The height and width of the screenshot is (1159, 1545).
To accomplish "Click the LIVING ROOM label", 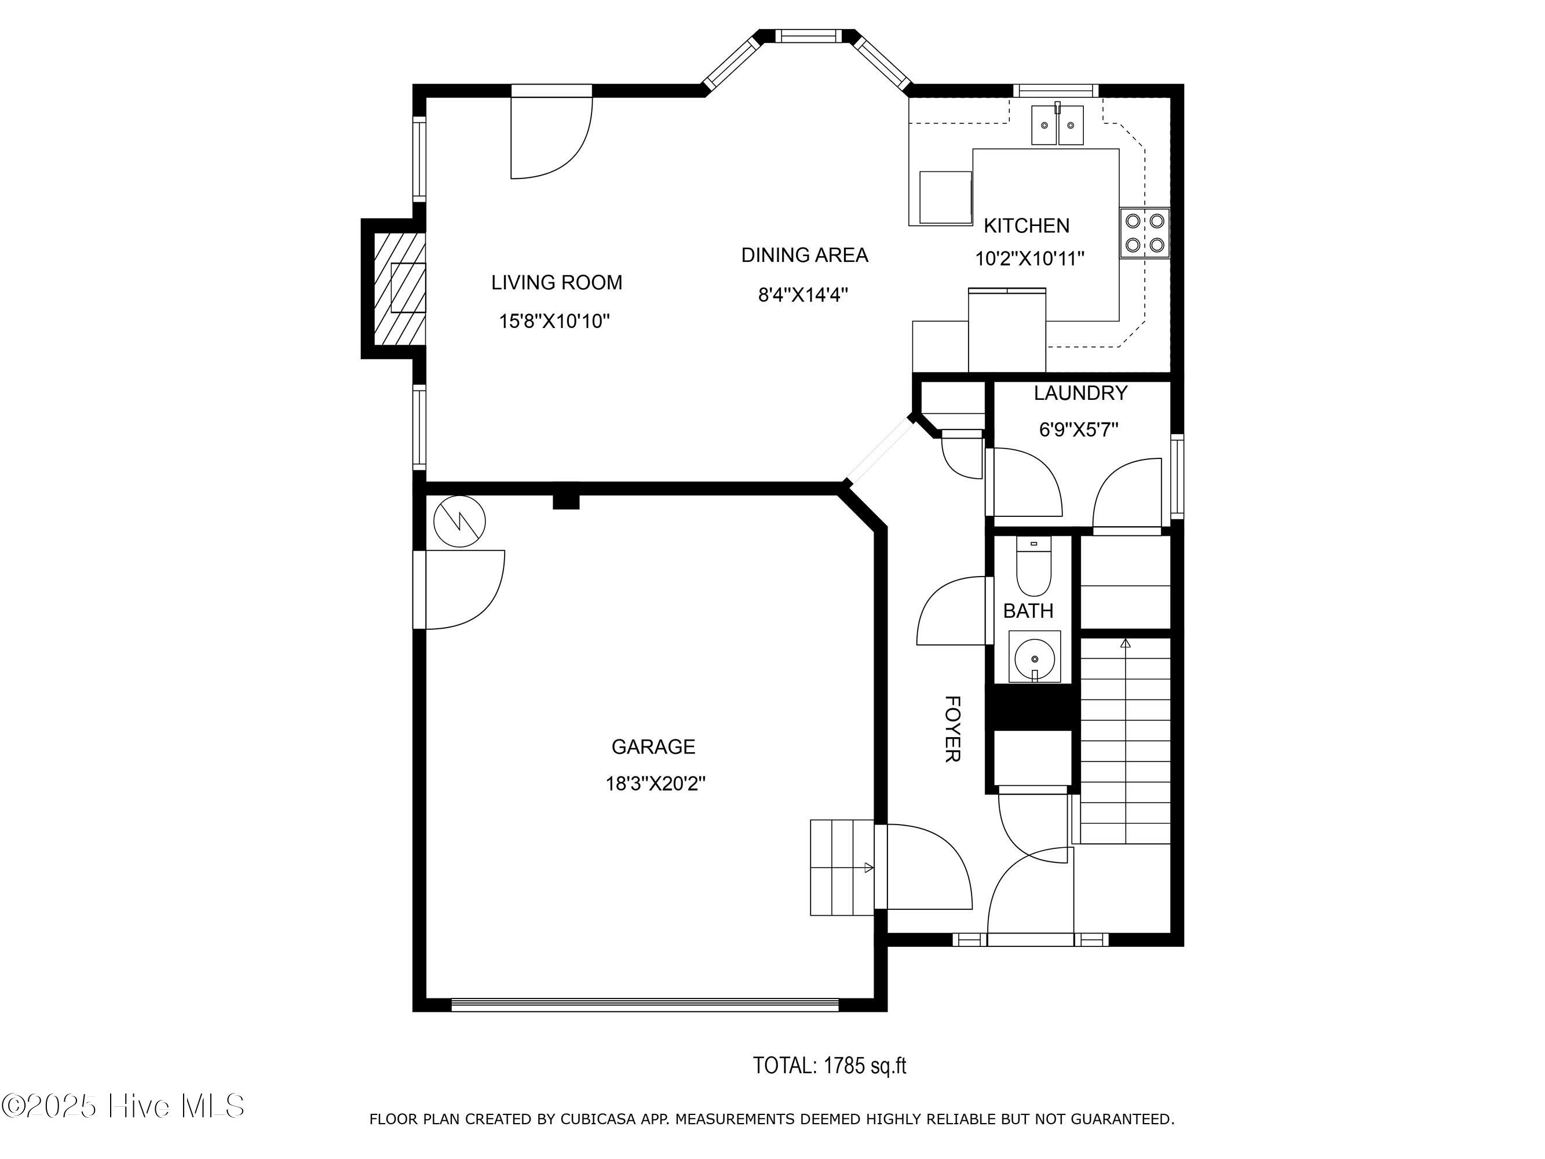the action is tap(556, 282).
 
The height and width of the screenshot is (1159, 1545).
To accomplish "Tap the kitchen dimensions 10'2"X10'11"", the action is tap(1029, 259).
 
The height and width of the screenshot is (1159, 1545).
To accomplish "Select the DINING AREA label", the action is tap(805, 255).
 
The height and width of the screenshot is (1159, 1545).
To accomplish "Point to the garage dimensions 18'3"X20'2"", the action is tap(655, 784).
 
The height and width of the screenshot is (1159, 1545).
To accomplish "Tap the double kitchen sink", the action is tap(1057, 125).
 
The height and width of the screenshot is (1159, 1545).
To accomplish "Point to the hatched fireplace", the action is tap(400, 288).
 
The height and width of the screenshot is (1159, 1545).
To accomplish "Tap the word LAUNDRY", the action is tap(1080, 393).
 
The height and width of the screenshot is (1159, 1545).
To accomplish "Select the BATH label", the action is tap(1028, 611).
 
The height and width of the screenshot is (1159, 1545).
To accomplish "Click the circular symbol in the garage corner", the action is tap(459, 521).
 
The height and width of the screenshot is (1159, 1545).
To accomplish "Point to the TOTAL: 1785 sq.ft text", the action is tap(829, 1065).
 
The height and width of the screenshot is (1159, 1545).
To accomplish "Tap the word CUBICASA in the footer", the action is tap(598, 1119).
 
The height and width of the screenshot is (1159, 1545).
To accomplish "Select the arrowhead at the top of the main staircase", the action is tap(1125, 643).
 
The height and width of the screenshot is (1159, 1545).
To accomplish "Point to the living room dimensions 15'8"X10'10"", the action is tap(554, 322).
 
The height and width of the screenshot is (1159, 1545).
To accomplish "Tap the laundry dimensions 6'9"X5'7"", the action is tap(1079, 429).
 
